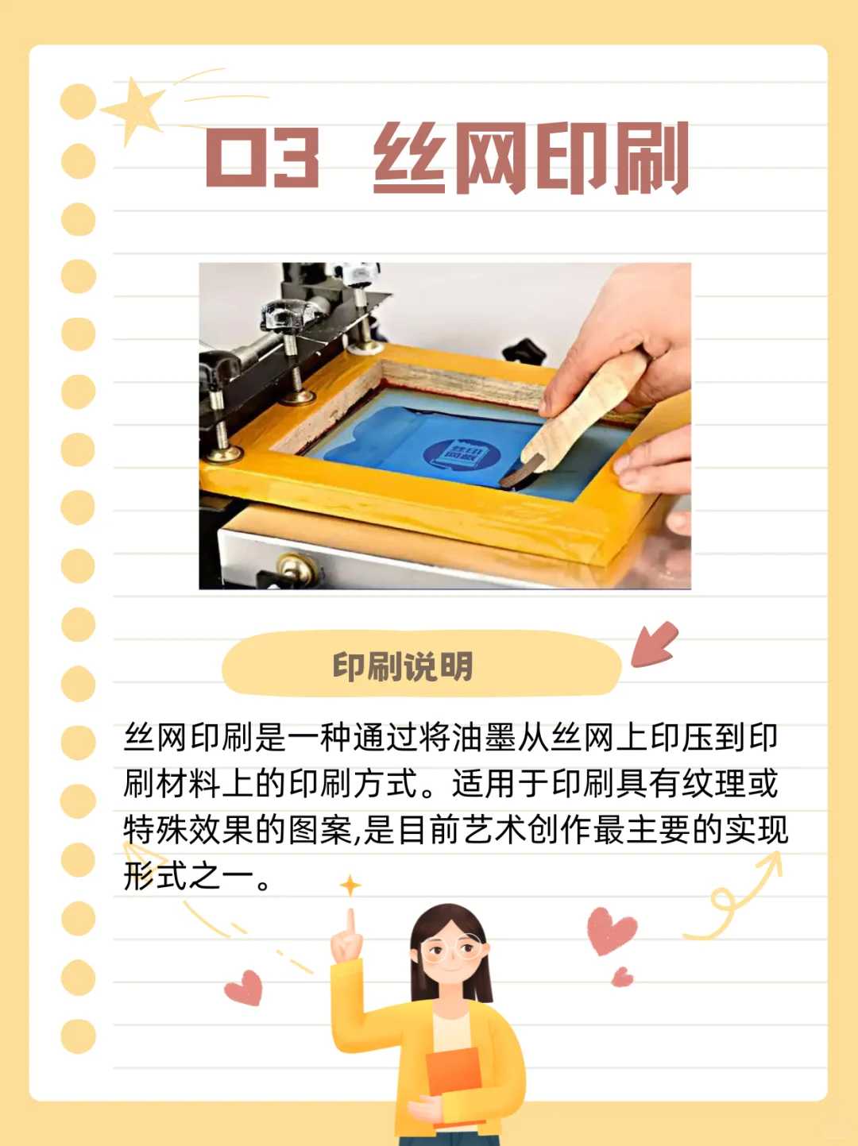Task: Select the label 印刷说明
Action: tap(403, 666)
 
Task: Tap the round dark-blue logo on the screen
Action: tap(462, 455)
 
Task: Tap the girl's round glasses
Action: tap(450, 949)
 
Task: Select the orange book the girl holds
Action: tap(454, 1084)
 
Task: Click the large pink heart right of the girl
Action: tap(612, 930)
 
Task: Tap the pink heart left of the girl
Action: tap(245, 987)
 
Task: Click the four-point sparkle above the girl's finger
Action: tap(350, 885)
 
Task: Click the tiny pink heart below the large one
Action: tap(623, 977)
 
